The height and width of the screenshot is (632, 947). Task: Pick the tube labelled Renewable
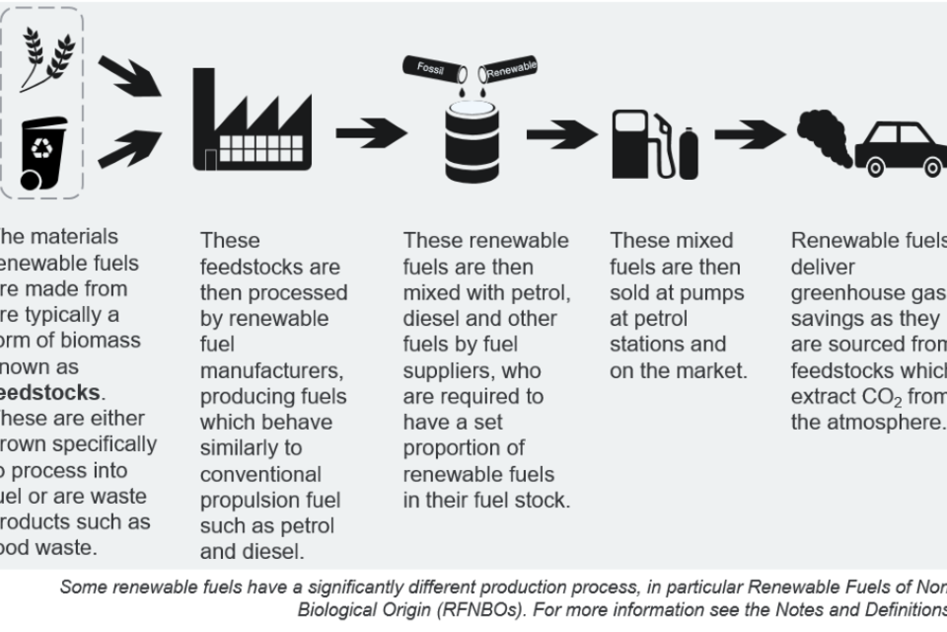pyautogui.click(x=507, y=70)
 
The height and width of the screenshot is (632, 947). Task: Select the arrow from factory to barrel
pyautogui.click(x=371, y=131)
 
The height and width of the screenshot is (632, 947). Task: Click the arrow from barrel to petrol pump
pyautogui.click(x=561, y=133)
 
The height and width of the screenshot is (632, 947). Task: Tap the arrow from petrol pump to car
pyautogui.click(x=749, y=133)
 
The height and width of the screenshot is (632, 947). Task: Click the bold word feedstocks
pyautogui.click(x=48, y=392)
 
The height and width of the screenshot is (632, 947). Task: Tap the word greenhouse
pyautogui.click(x=851, y=293)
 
